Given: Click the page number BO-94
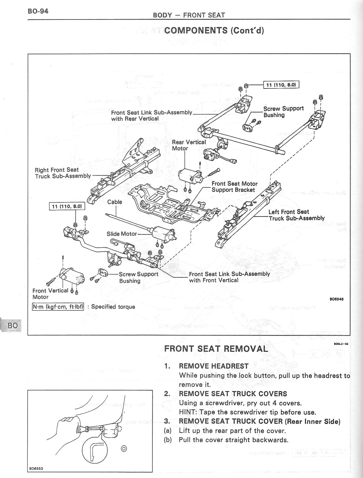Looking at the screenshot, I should tap(38, 11).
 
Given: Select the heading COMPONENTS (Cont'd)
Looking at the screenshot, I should tap(214, 30).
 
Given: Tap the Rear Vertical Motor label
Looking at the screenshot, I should tap(189, 145).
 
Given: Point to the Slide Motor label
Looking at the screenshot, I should tap(121, 234).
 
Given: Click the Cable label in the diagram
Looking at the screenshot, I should tap(115, 202).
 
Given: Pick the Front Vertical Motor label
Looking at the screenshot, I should tap(50, 294).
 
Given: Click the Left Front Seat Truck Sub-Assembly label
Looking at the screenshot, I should tap(296, 215).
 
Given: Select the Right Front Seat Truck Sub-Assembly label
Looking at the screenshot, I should tap(63, 173).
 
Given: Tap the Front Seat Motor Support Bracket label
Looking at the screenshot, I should tap(234, 187).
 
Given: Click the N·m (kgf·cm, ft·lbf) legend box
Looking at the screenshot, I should tap(58, 306).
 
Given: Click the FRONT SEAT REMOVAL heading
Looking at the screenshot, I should tap(216, 348).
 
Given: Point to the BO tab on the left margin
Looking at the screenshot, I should tap(13, 325).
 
